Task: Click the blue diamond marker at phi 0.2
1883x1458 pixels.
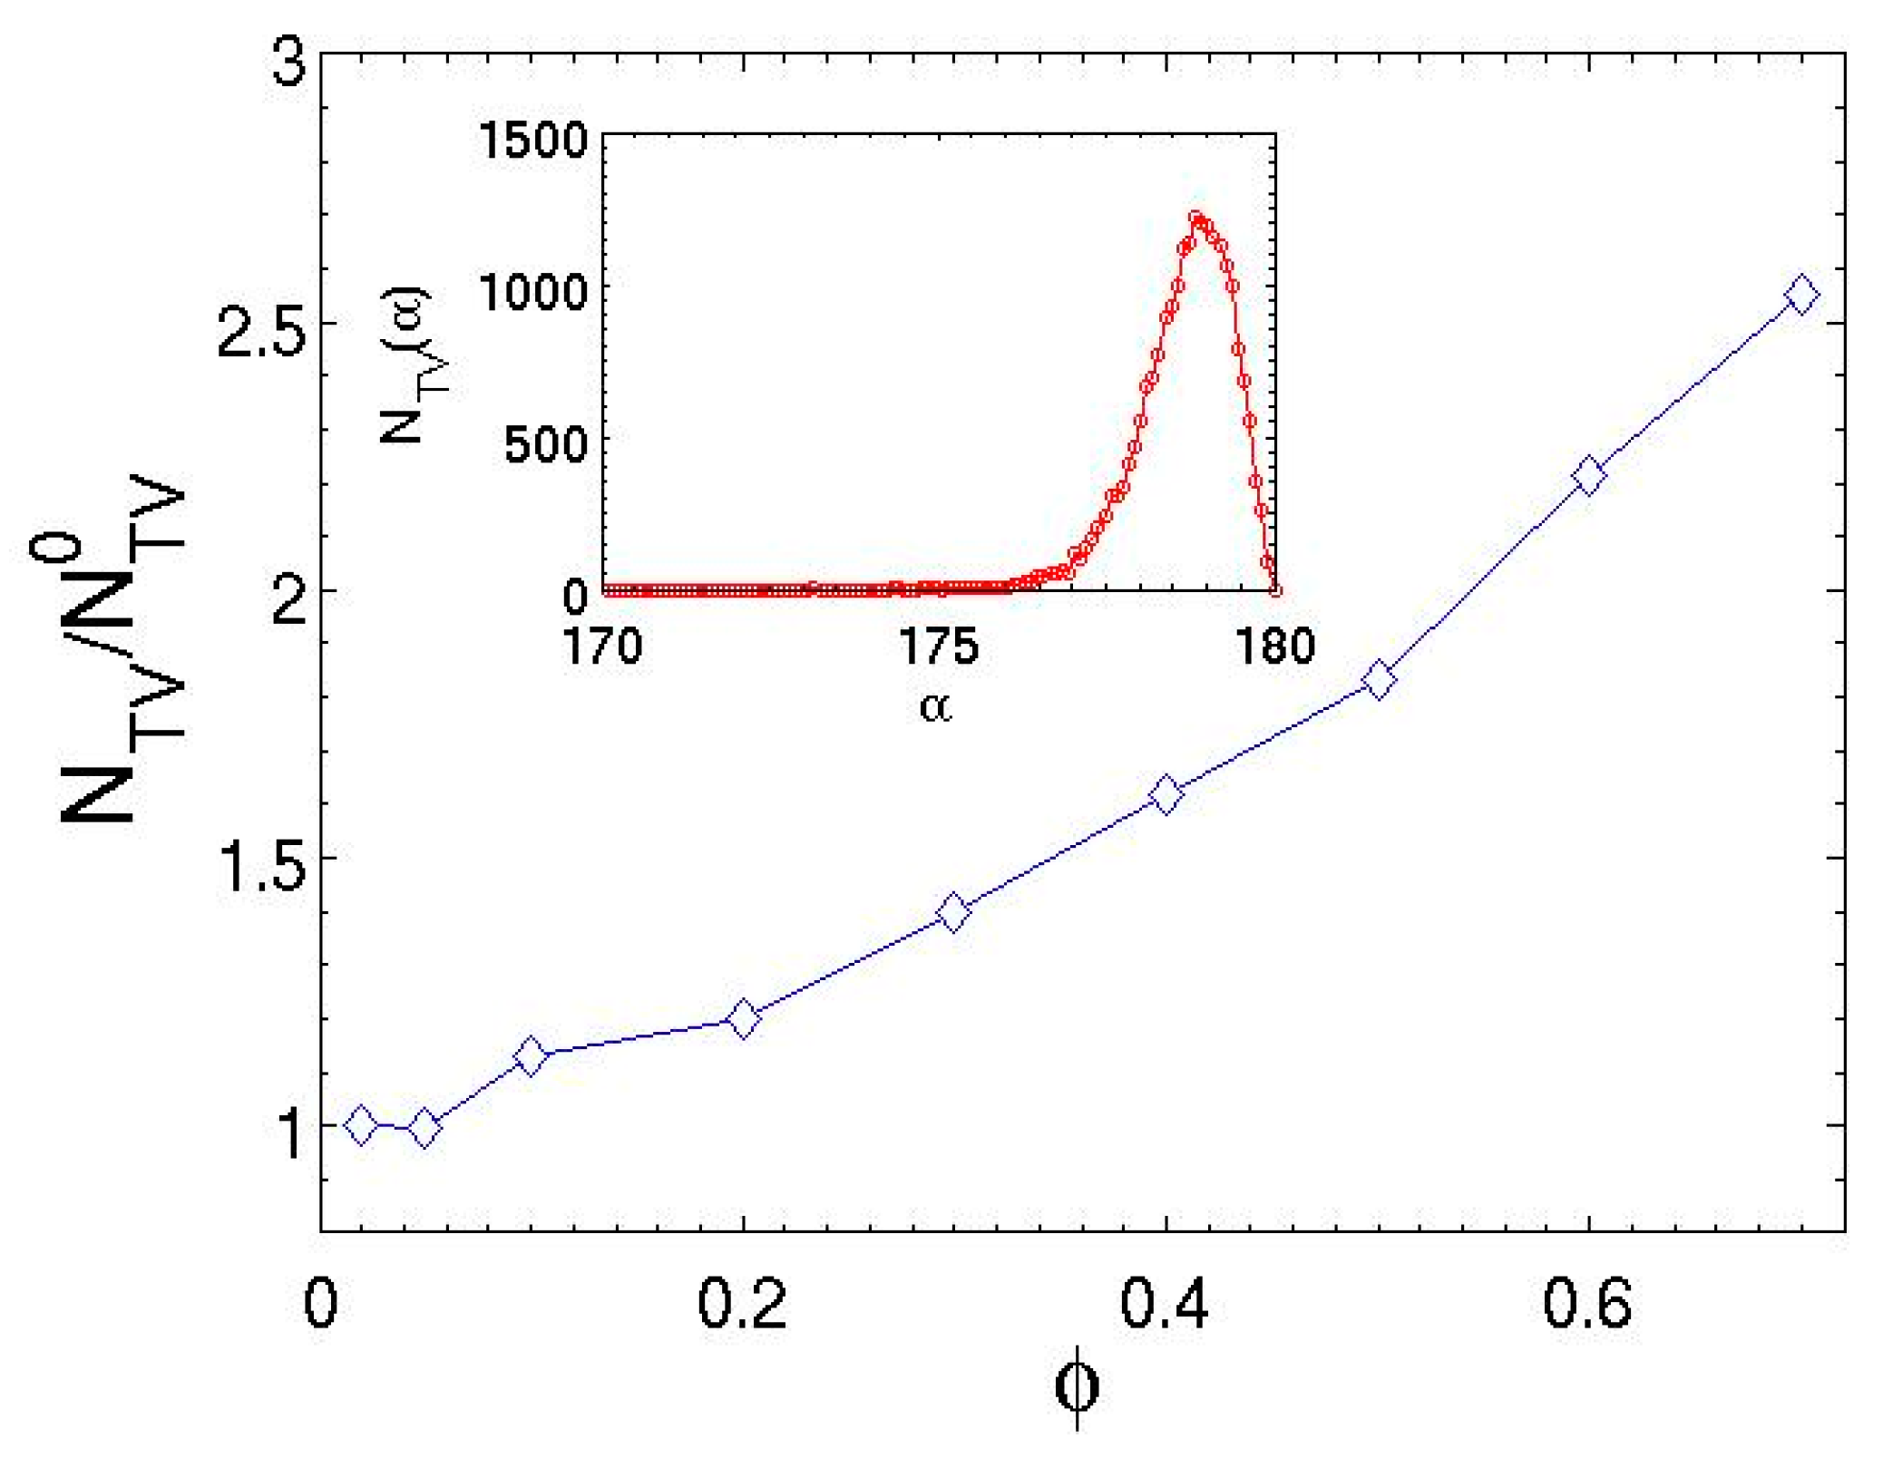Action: point(744,1019)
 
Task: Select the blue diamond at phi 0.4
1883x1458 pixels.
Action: point(1166,795)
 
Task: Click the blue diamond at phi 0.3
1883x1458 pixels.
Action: point(953,912)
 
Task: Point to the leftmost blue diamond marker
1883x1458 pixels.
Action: point(361,1125)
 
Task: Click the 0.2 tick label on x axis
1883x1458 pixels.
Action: point(742,1305)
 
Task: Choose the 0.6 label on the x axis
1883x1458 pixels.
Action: point(1587,1305)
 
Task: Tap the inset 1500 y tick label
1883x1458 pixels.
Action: point(533,141)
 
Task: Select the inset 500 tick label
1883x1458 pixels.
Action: point(546,445)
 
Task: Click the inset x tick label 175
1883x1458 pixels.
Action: point(939,647)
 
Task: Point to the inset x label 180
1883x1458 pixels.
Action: point(1275,647)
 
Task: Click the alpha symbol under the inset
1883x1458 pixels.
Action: point(936,706)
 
